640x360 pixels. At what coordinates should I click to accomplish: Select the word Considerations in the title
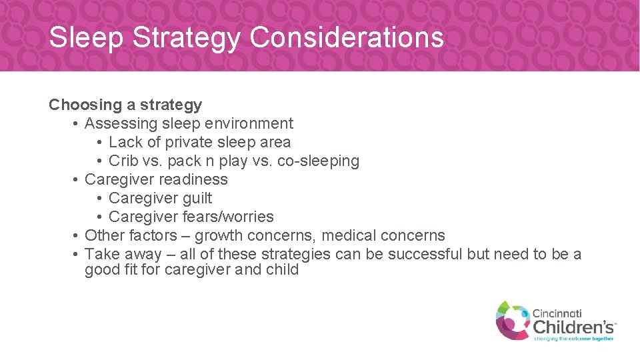(347, 38)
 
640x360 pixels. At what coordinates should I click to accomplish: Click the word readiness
(197, 179)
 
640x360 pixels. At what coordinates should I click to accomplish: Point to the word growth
(218, 235)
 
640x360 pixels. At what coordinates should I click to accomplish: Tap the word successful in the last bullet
(425, 254)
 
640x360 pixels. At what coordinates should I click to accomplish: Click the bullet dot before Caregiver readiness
(77, 179)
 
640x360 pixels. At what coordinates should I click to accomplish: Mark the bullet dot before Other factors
(77, 235)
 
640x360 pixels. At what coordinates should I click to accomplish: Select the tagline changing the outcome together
(574, 339)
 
